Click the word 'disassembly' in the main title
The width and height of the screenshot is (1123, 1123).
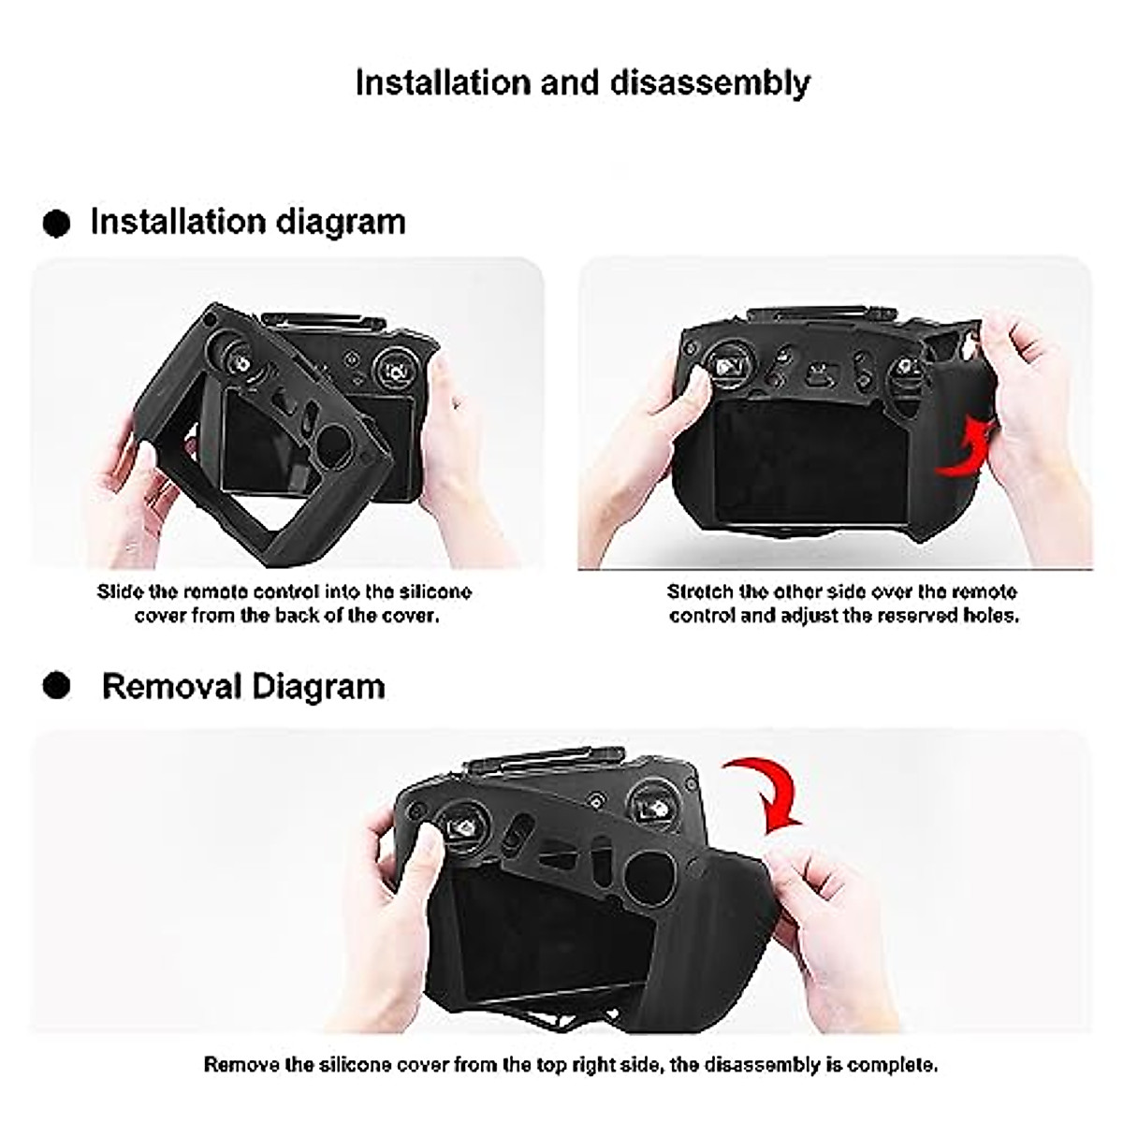(710, 83)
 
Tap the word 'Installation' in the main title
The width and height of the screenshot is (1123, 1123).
(444, 83)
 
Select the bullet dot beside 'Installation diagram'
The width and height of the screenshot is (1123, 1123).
(57, 224)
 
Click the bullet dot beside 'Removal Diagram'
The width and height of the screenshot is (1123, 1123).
(57, 686)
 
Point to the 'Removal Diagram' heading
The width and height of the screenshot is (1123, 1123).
(242, 686)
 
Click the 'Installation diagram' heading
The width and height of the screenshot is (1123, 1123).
(247, 223)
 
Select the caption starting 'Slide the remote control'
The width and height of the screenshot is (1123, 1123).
(284, 604)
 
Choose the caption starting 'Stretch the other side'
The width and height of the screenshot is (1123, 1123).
(842, 604)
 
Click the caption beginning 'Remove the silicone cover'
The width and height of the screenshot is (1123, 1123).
(570, 1065)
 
